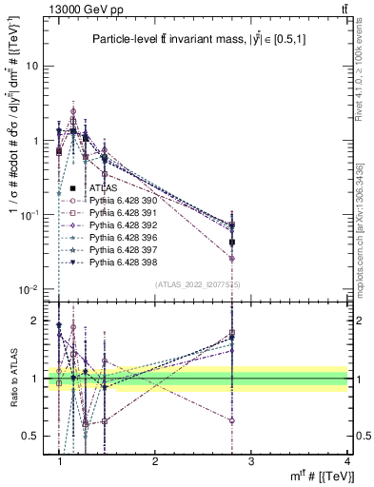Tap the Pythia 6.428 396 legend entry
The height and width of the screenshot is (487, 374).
click(x=121, y=236)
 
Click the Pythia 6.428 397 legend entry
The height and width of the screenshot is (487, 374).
click(x=121, y=248)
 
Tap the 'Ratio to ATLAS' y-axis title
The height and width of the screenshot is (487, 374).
click(x=14, y=378)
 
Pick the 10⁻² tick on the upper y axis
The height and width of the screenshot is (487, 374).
click(x=36, y=289)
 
